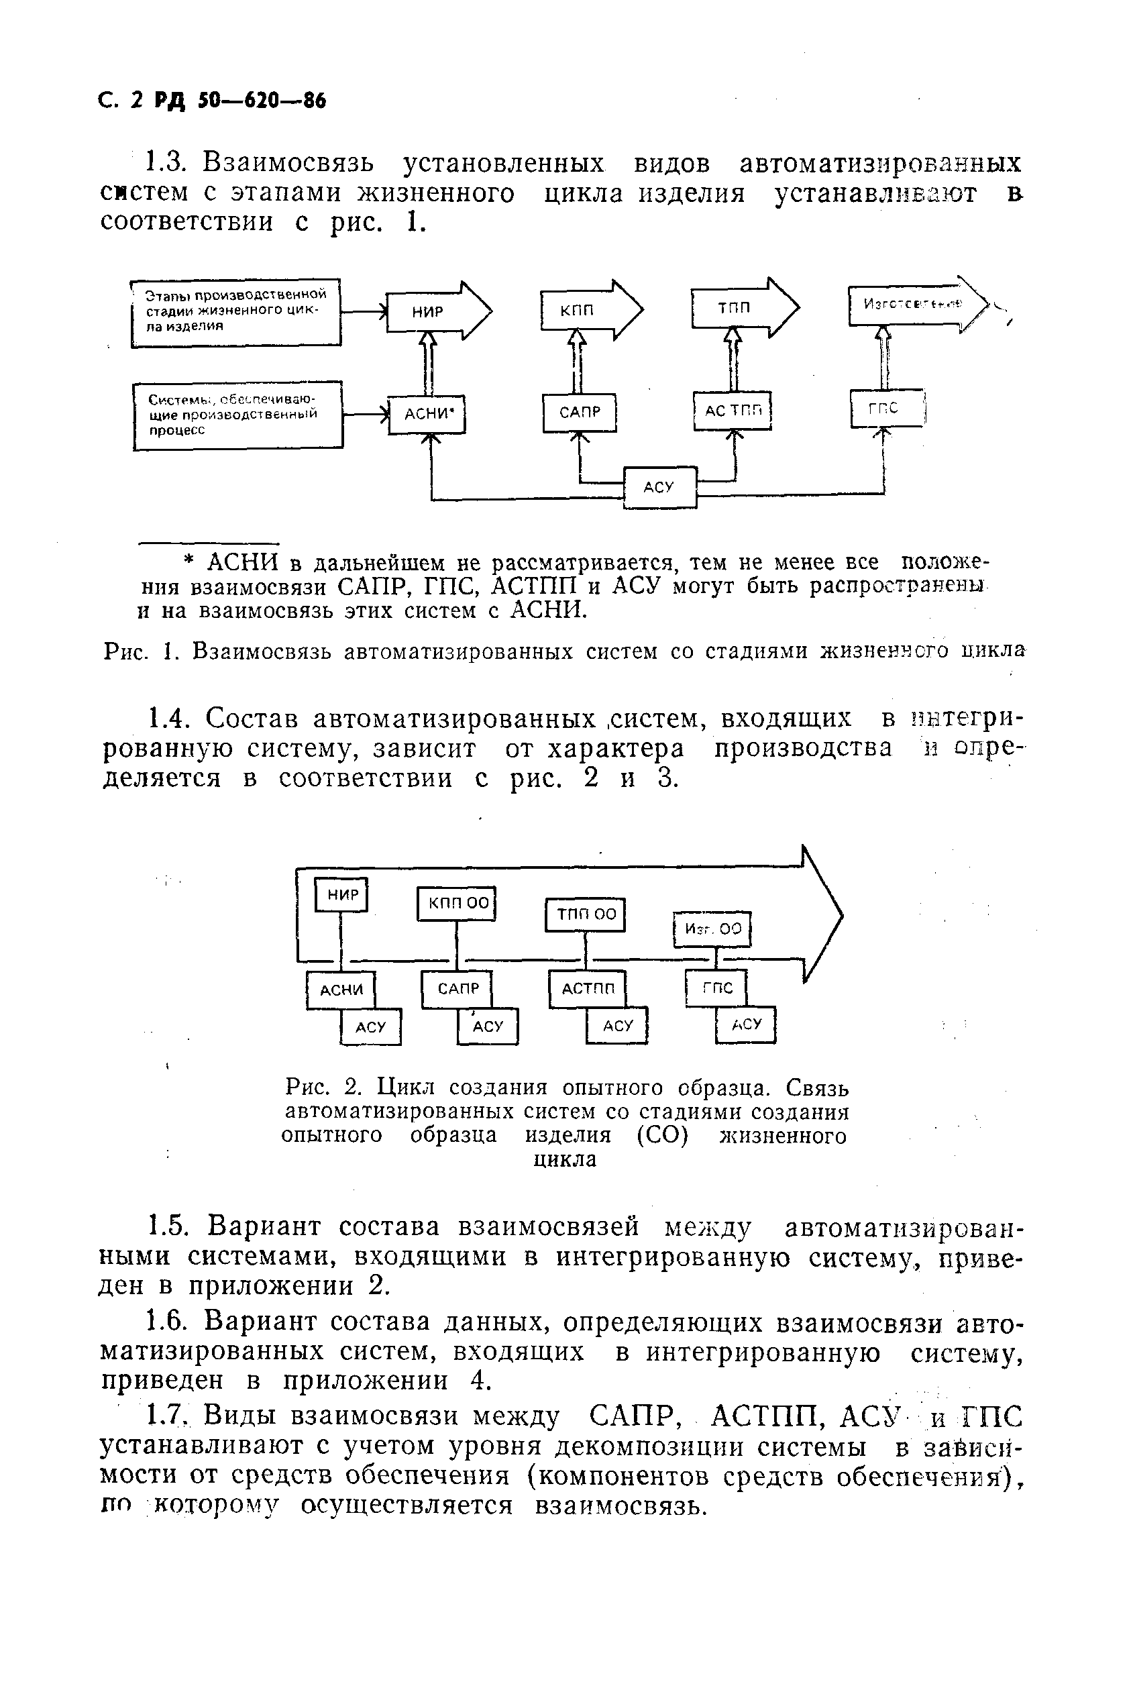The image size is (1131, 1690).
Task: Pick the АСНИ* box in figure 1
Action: pyautogui.click(x=427, y=414)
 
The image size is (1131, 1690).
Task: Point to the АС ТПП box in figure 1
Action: pyautogui.click(x=733, y=411)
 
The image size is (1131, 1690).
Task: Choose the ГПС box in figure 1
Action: pyautogui.click(x=885, y=409)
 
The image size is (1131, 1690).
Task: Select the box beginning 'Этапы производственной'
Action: pyautogui.click(x=236, y=311)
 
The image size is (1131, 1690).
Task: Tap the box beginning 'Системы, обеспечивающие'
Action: pyautogui.click(x=238, y=415)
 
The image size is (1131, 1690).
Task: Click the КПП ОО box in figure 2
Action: pyautogui.click(x=457, y=904)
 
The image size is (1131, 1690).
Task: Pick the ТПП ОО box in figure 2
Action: pyautogui.click(x=585, y=914)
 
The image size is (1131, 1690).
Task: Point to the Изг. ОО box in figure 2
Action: pyautogui.click(x=712, y=929)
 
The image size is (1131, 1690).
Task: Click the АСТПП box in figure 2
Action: pyautogui.click(x=587, y=989)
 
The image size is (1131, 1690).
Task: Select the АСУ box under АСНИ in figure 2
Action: pyautogui.click(x=371, y=1026)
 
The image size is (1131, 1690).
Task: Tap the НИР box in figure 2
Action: pyautogui.click(x=343, y=895)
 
